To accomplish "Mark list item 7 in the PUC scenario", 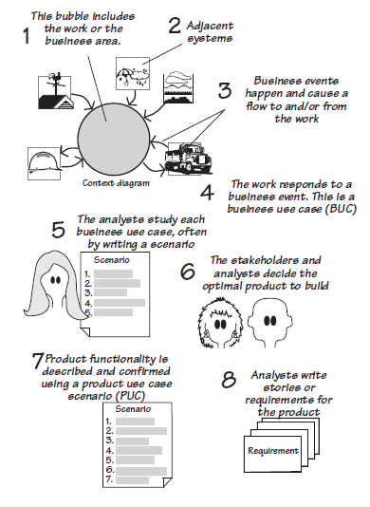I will point(110,479).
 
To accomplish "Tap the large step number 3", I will point(225,91).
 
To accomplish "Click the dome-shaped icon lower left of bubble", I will point(46,160).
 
